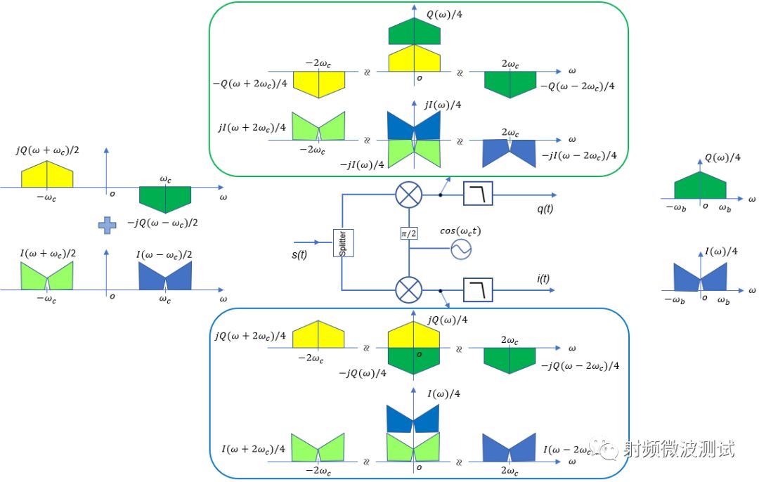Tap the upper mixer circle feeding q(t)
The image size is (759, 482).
pyautogui.click(x=408, y=194)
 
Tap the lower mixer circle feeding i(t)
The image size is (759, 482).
pyautogui.click(x=408, y=289)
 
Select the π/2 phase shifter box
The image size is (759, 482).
pyautogui.click(x=408, y=233)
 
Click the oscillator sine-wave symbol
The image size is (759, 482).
pyautogui.click(x=460, y=249)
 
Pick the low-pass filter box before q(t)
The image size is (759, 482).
pyautogui.click(x=479, y=194)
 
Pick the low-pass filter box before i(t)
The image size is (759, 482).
pyautogui.click(x=479, y=289)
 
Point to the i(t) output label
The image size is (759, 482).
pyautogui.click(x=543, y=279)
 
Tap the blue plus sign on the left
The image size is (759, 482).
pyautogui.click(x=105, y=225)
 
